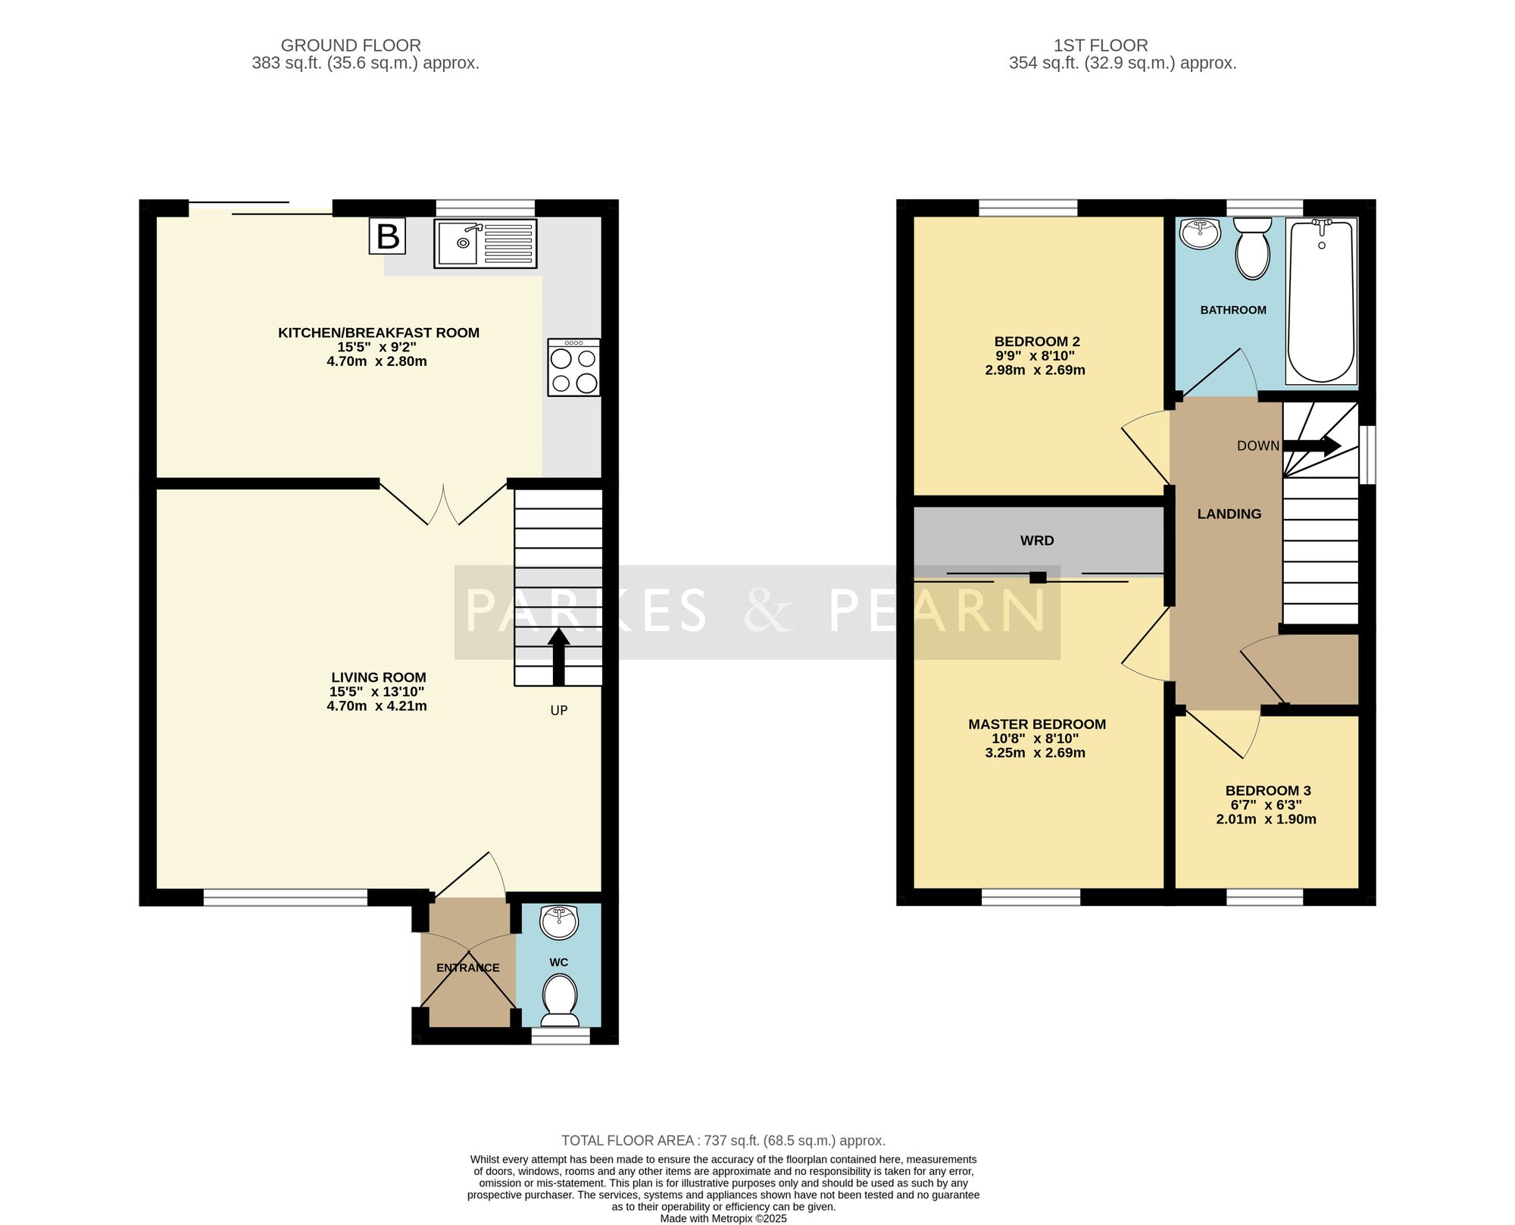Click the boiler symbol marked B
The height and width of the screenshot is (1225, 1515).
click(x=388, y=236)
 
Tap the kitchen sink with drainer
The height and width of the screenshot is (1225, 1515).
click(x=486, y=243)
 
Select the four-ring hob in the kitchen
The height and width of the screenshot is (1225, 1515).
click(x=574, y=367)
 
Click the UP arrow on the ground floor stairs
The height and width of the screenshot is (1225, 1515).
click(x=559, y=656)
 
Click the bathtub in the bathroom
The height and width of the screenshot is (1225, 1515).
click(x=1322, y=302)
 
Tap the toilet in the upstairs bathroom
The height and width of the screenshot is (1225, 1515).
click(x=1253, y=248)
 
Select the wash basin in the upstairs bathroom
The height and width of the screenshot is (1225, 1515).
click(x=1200, y=233)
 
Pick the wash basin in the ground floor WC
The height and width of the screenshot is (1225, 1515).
click(x=559, y=922)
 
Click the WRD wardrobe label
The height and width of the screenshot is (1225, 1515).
click(x=1037, y=541)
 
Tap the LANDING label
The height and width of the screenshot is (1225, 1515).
click(x=1229, y=514)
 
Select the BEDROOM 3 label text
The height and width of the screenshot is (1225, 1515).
click(x=1268, y=790)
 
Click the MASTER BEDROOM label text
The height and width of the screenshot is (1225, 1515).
click(x=1037, y=724)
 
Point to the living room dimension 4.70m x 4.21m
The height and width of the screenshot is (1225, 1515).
click(x=376, y=706)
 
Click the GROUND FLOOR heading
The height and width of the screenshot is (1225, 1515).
click(x=351, y=45)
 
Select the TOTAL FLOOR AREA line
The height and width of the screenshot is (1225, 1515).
click(x=723, y=1140)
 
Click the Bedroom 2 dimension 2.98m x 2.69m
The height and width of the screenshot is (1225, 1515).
click(x=1035, y=370)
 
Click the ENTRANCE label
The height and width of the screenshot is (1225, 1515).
click(x=468, y=967)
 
